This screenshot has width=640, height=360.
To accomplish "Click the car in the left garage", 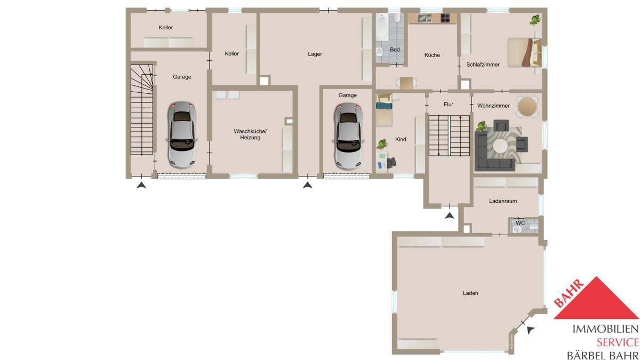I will tap(182, 134).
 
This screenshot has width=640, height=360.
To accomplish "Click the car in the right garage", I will tap(347, 134).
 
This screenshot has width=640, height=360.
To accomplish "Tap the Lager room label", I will tap(315, 54).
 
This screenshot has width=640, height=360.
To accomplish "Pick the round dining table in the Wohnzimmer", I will tap(527, 106).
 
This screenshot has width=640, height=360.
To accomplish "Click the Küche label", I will tap(432, 55).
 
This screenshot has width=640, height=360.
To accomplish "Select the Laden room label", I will tap(470, 293).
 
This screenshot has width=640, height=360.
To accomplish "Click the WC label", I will tap(520, 222).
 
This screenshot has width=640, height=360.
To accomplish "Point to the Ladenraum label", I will tap(503, 201).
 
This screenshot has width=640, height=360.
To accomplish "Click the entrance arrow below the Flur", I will tap(450, 215).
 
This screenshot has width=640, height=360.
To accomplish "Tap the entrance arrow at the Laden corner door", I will tap(530, 331).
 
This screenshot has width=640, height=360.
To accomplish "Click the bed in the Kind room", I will tap(385, 102).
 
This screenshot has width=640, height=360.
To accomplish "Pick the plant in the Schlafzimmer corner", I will tap(534, 20).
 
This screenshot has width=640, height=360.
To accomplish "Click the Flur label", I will tap(449, 105).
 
